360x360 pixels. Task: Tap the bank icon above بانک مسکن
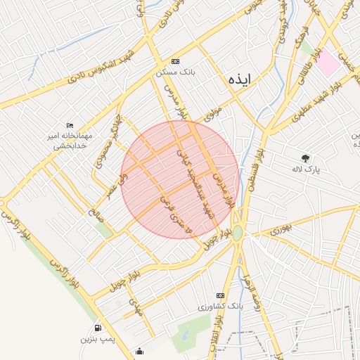coord(175,61)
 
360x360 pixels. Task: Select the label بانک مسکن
coord(175,72)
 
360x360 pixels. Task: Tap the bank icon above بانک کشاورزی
coord(220,295)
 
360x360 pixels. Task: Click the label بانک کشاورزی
coord(220,307)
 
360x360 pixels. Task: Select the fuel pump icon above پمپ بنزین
coord(97,328)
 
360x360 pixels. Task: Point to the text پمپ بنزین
coord(97,340)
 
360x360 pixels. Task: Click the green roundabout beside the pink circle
coord(238,232)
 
